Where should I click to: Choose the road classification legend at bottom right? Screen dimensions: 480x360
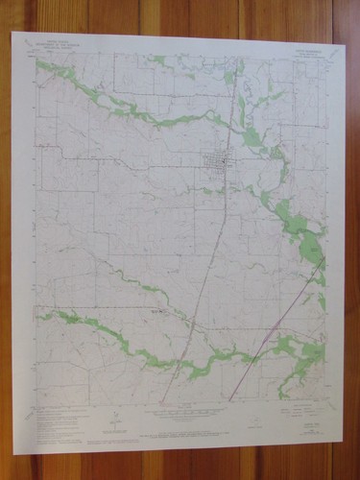294,411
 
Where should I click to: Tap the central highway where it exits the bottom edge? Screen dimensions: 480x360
161,400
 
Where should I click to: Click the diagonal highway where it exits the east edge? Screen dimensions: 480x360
322,264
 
